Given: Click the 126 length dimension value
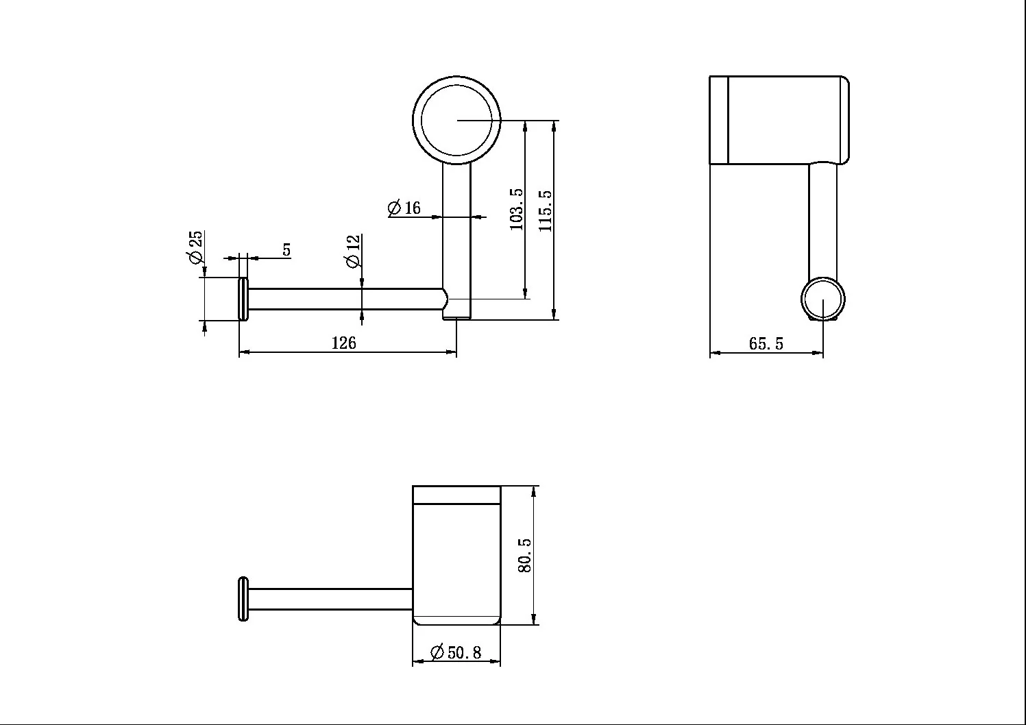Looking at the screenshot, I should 344,343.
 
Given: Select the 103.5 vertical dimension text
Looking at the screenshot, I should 517,209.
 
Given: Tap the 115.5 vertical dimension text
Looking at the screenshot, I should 546,209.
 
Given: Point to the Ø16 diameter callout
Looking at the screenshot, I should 404,208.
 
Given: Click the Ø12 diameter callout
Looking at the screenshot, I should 353,251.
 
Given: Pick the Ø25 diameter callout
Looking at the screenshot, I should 195,247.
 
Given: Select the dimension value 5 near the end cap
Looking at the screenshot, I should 286,250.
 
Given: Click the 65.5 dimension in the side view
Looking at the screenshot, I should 766,343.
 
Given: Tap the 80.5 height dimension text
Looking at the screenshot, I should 524,555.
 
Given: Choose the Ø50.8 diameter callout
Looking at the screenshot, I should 456,652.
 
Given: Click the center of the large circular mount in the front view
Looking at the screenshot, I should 456,120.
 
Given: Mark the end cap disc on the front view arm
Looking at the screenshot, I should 243,299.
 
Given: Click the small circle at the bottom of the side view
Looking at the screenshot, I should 823,299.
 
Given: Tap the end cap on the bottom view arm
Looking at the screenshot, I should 242,600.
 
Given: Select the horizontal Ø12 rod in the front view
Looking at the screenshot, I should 343,299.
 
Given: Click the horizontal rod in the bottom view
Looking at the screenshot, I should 329,598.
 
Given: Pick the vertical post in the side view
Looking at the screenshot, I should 822,219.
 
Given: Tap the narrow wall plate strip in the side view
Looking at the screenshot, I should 718,121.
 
